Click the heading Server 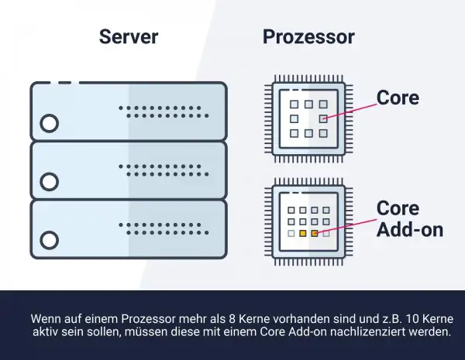coord(129,37)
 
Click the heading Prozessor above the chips coord(308,37)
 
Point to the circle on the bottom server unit coord(50,240)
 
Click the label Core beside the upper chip coord(398,98)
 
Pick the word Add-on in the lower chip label coord(409,230)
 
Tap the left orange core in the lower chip coord(303,232)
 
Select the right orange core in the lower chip coord(315,232)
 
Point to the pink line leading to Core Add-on coord(349,225)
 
